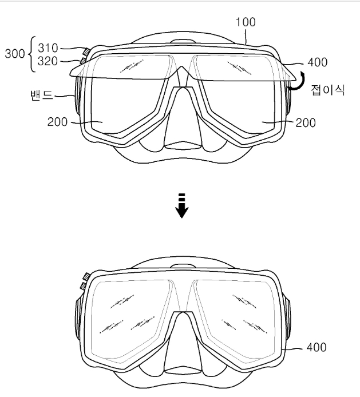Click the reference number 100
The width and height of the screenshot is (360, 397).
tap(246, 22)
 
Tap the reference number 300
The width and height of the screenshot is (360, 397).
tap(15, 54)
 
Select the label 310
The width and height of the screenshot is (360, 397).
tap(48, 47)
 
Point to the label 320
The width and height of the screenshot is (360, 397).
tap(48, 61)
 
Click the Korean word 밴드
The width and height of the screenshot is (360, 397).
tap(42, 95)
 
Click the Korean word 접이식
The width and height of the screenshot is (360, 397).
tap(328, 90)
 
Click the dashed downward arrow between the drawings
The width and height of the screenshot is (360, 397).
tap(182, 205)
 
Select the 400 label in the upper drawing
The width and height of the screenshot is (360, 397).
tap(318, 62)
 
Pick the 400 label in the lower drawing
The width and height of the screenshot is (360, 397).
tap(317, 347)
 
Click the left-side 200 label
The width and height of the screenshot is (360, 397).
tap(57, 122)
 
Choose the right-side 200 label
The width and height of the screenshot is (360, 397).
tap(306, 123)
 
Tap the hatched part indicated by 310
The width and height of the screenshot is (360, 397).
tap(86, 51)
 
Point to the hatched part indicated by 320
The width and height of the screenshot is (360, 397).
tap(83, 61)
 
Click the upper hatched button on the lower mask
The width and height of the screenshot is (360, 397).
tap(86, 276)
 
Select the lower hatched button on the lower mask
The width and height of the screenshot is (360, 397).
tap(83, 286)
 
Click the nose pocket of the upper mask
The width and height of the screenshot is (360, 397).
tap(183, 119)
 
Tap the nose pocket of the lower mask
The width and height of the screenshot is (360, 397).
tap(183, 344)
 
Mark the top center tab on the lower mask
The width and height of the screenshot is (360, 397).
tap(183, 266)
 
